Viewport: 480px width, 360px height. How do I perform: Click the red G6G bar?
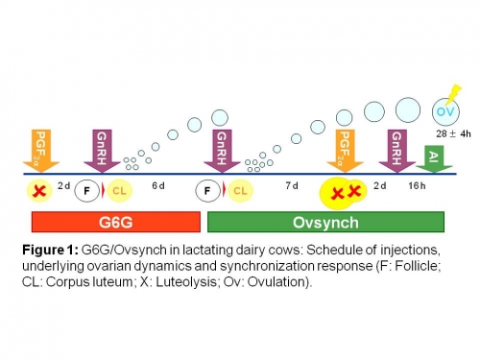[114, 222]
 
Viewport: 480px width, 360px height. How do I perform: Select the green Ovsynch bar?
[326, 222]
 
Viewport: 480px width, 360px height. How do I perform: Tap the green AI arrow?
[433, 158]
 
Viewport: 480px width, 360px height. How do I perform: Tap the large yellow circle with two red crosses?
[345, 193]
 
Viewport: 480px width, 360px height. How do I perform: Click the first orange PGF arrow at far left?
[40, 150]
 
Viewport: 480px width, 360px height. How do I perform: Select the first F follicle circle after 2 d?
[87, 190]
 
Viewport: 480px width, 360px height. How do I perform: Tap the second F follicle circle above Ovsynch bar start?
[208, 190]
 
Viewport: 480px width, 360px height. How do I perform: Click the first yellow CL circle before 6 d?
[119, 190]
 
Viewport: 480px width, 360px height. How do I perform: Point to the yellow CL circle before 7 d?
[241, 190]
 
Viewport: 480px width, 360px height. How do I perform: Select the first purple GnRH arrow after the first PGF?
[102, 150]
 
